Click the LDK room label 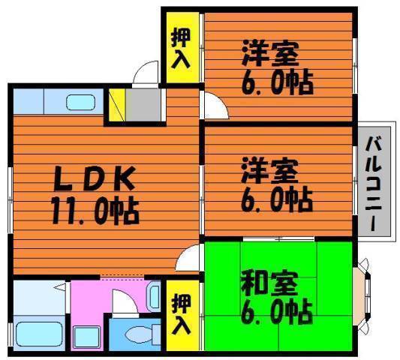[x=94, y=178]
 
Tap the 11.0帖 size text [x=95, y=210]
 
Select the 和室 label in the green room [x=269, y=283]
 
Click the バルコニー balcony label [x=374, y=184]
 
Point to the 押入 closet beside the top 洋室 [x=182, y=47]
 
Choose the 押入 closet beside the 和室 [x=182, y=315]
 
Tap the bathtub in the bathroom [x=39, y=334]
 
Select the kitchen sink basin [x=80, y=103]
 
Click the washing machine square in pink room [x=86, y=337]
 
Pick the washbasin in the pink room [x=154, y=296]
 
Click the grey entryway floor [x=143, y=104]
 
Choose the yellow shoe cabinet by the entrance [x=117, y=104]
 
